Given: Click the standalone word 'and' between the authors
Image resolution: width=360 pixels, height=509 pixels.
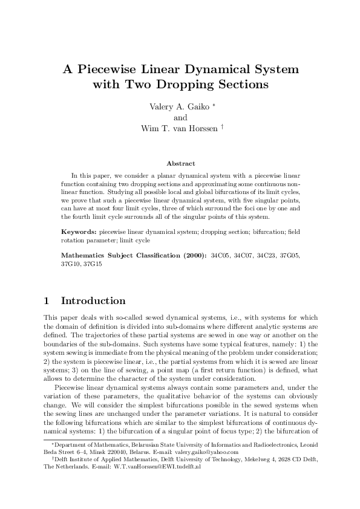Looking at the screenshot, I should coord(180,117).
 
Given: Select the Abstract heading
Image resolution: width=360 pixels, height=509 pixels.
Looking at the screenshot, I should coord(180,163).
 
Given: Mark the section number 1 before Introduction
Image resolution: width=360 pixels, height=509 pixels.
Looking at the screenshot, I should coord(47,301).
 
